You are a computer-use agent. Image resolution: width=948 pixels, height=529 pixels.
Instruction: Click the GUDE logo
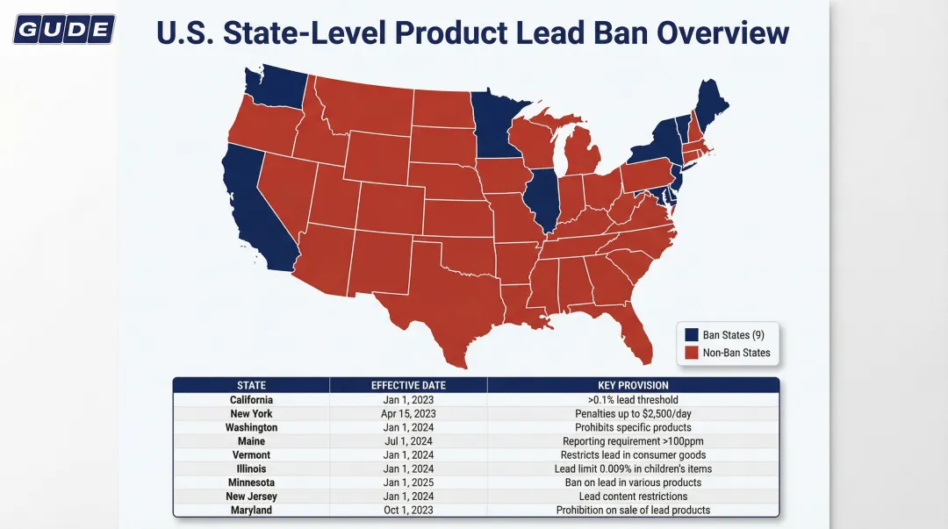[64, 31]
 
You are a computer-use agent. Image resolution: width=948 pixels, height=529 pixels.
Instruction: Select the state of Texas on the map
[430, 298]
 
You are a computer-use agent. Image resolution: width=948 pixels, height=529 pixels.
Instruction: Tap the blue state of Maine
[711, 101]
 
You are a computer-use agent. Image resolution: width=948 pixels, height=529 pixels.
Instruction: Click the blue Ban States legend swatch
[692, 334]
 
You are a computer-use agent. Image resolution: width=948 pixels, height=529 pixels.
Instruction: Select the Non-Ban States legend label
[736, 353]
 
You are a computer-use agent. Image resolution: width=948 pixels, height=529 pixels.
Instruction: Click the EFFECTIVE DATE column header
[408, 385]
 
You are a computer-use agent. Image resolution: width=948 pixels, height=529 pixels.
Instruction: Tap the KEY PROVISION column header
[632, 385]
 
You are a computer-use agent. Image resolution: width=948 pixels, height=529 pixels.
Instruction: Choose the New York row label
[251, 413]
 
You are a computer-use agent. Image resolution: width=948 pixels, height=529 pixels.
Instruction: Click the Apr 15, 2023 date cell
[408, 413]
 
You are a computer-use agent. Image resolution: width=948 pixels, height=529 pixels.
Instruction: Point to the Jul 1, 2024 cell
[408, 441]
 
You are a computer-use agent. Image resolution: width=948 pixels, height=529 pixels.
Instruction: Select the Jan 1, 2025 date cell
[408, 483]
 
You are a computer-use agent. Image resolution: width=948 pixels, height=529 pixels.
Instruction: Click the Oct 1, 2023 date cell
[408, 510]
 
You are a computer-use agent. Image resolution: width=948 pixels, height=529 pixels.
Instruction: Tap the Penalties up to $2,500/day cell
[632, 413]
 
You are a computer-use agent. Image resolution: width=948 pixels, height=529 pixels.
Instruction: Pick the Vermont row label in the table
[251, 454]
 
